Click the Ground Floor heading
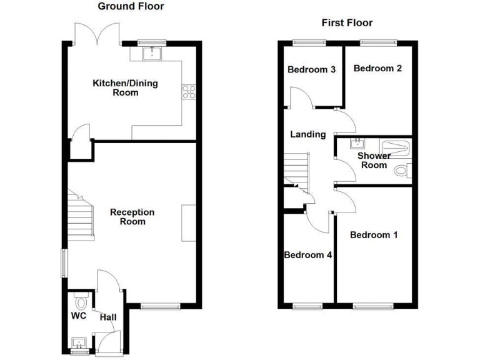[131, 6]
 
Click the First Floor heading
[347, 23]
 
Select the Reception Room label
[132, 217]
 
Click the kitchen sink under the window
[152, 54]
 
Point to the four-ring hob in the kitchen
[187, 92]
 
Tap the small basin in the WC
[79, 342]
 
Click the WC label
[79, 316]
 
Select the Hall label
[108, 317]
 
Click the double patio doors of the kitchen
[96, 32]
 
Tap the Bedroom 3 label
[311, 69]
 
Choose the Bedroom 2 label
[377, 68]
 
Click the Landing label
[308, 134]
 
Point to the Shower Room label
[374, 160]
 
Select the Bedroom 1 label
[374, 235]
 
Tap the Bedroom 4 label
[307, 255]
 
